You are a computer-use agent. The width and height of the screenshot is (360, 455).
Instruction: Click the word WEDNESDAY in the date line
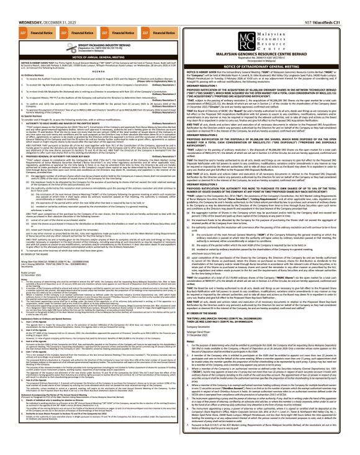pyautogui.click(x=16, y=7)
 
